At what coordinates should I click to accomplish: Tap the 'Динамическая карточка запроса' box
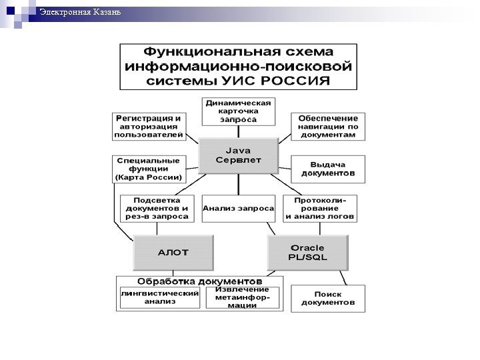point(238,111)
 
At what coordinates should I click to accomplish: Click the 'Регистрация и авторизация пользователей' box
point(148,126)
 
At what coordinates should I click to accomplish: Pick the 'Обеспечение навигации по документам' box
point(327,126)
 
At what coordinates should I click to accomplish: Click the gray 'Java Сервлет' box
point(238,156)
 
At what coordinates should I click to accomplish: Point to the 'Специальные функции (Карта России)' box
point(148,169)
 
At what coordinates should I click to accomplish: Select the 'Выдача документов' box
point(327,169)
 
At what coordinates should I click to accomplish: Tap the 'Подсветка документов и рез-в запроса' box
point(157,208)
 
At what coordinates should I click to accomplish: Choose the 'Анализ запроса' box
point(238,208)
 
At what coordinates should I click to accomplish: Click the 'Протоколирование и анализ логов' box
point(320,208)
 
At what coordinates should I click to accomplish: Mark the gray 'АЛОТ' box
point(173,252)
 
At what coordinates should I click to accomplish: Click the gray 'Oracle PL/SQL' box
point(308,252)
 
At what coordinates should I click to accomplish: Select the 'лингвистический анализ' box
point(160,297)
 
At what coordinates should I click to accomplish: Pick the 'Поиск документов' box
point(327,297)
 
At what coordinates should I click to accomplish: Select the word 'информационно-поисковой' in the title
point(238,66)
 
